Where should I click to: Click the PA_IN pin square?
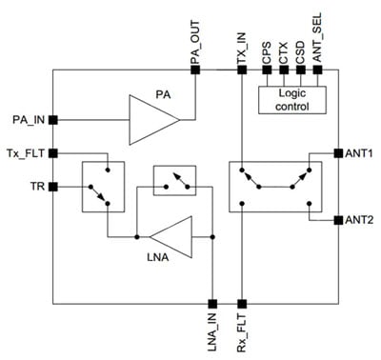coord(53,119)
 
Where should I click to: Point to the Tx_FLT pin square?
coord(53,152)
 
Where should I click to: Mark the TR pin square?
coord(53,187)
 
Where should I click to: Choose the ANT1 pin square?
coord(338,152)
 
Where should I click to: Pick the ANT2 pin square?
coord(338,220)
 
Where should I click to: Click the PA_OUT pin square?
coord(195,70)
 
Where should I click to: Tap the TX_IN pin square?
coord(240,70)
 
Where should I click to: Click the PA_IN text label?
coord(25,119)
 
